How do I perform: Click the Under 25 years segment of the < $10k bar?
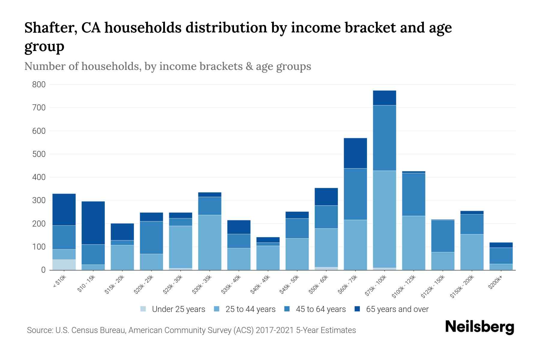point(64,265)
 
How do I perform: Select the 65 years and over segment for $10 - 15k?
point(93,223)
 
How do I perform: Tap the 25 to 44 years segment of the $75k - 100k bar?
point(384,219)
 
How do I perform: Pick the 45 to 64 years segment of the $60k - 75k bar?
point(355,194)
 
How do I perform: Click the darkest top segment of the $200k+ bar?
point(501,245)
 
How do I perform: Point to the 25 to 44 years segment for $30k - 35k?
point(209,242)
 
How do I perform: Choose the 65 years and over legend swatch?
point(358,309)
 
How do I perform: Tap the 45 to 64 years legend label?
point(320,309)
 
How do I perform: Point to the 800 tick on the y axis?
point(39,85)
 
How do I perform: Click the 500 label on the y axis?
point(39,154)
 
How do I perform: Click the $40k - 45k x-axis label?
point(260,284)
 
